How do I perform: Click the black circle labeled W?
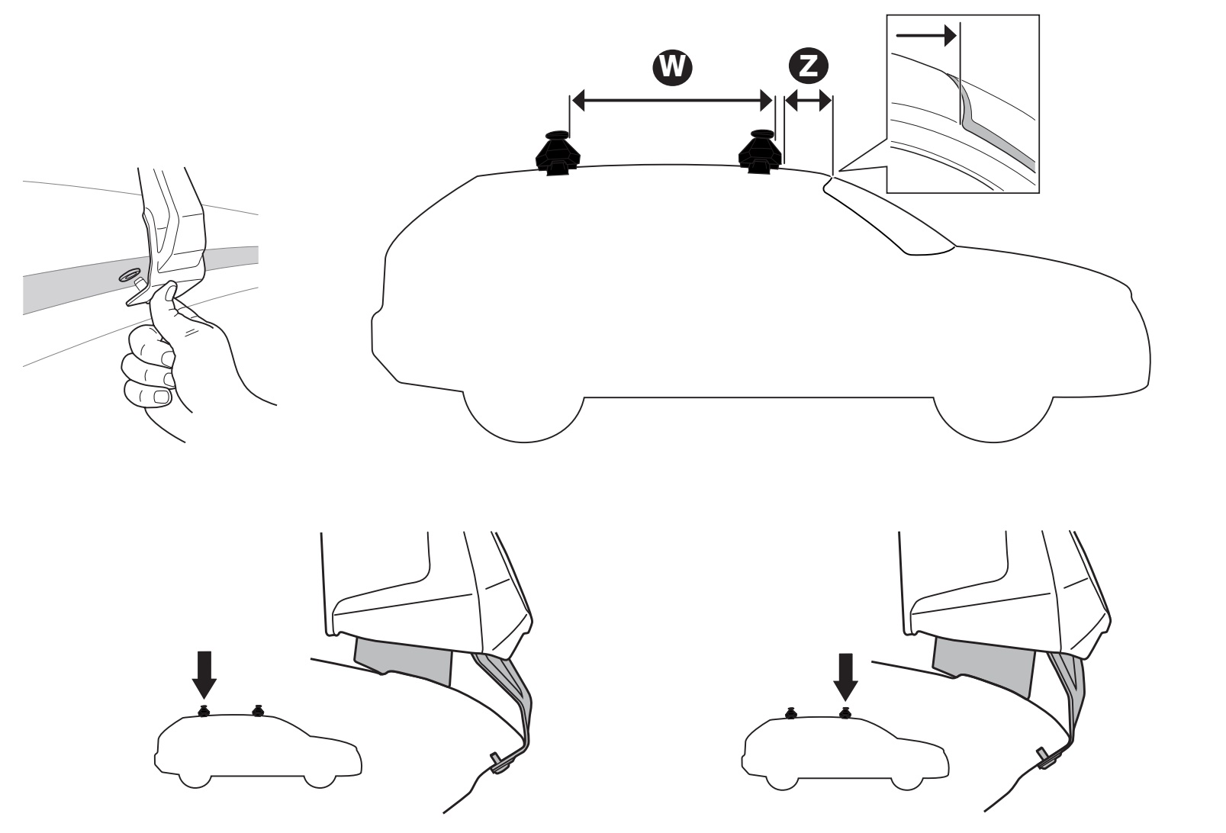[x=672, y=66]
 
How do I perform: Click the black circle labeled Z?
[x=808, y=66]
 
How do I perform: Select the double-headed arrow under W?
[x=672, y=100]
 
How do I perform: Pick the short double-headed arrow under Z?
[x=808, y=101]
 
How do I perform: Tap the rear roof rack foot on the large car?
[x=558, y=153]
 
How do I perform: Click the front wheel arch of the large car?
[x=993, y=419]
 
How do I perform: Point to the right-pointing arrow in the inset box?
[x=925, y=36]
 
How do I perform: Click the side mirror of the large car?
[x=930, y=248]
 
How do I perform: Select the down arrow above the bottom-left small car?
[x=204, y=675]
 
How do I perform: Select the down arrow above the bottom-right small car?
[x=845, y=677]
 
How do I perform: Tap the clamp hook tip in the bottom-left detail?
[x=496, y=764]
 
